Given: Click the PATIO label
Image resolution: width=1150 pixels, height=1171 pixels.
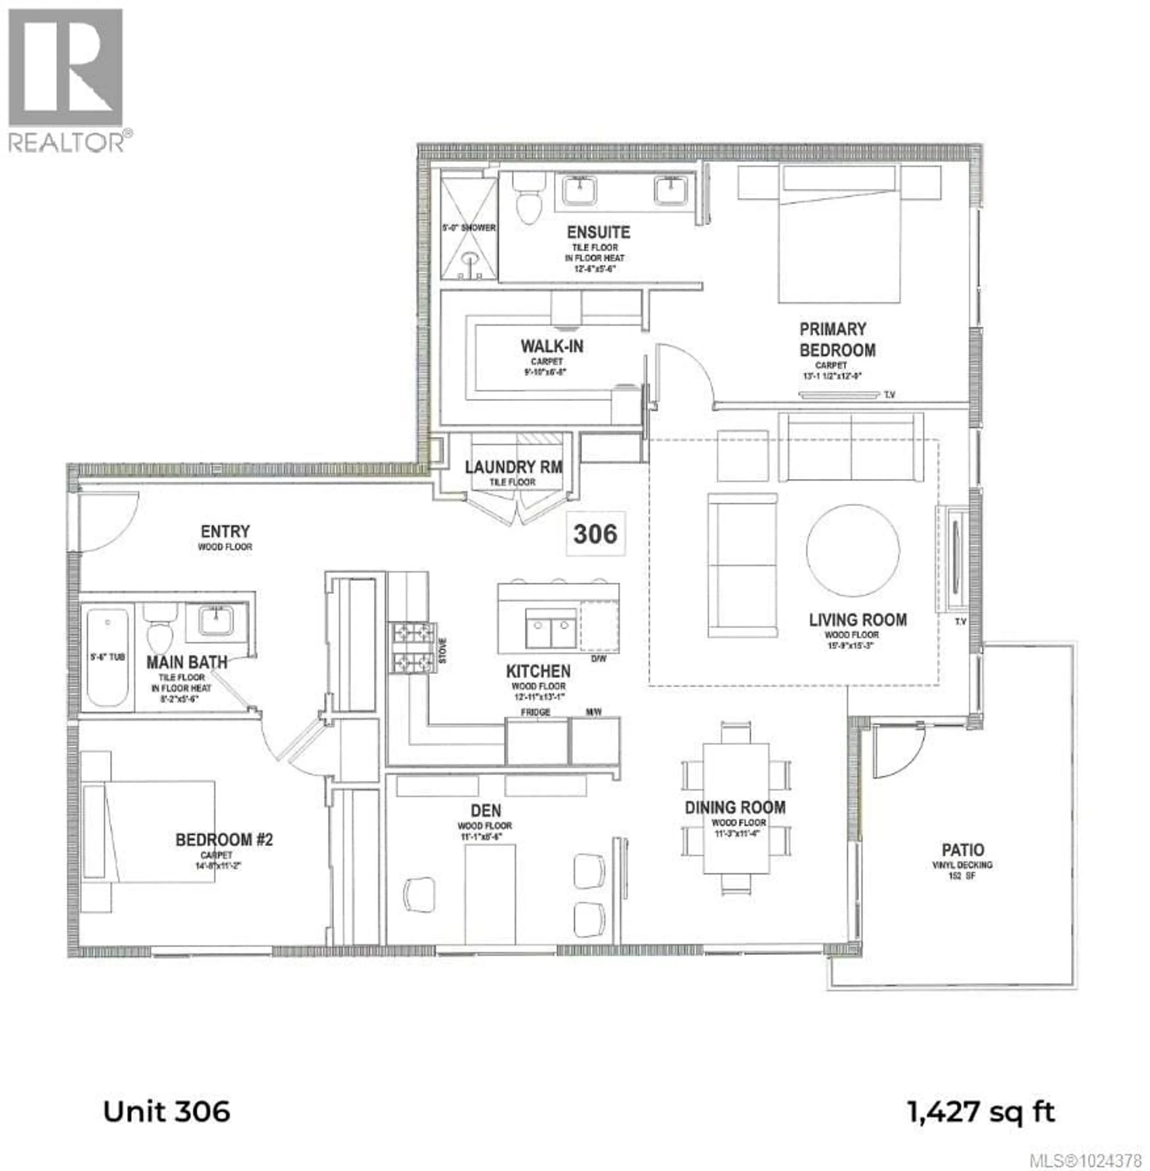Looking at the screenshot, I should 963,850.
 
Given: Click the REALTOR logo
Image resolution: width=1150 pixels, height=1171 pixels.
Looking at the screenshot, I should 66,78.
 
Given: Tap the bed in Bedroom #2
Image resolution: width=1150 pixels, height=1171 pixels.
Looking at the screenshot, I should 151,830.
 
